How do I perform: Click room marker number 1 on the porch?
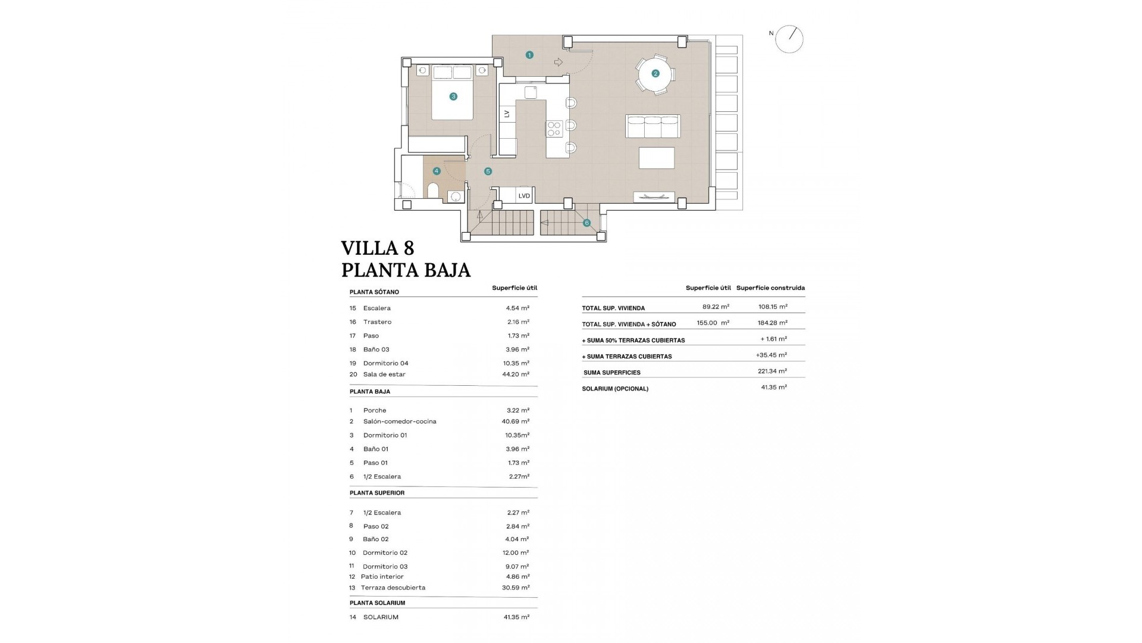pos(529,55)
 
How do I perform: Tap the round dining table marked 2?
pos(655,74)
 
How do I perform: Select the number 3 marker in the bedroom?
pos(453,96)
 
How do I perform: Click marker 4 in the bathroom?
pos(437,171)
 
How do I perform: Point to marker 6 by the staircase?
pos(586,223)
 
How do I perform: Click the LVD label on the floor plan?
pos(524,196)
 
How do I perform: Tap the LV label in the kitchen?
pos(507,114)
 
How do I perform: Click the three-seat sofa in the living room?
pos(653,126)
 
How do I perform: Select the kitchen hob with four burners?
pos(554,129)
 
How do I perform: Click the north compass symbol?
pos(789,39)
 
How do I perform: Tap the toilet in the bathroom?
pos(433,191)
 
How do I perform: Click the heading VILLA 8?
pos(378,248)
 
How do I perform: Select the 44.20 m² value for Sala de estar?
pos(516,374)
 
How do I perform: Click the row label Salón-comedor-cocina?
pos(400,422)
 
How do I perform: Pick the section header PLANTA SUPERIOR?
pos(377,493)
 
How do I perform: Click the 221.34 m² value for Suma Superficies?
pos(773,371)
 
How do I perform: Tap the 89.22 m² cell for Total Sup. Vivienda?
pos(716,307)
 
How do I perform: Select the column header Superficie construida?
pos(770,288)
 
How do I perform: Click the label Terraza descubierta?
pos(393,588)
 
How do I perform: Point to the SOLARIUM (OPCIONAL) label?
pos(616,389)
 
